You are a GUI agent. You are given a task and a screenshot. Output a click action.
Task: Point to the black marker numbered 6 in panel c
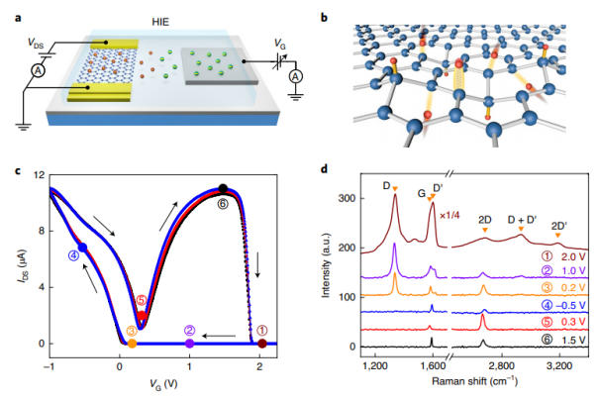[223, 189]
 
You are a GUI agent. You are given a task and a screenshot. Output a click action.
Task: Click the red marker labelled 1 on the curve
[261, 343]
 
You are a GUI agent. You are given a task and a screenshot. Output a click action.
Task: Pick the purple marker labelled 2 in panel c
[189, 343]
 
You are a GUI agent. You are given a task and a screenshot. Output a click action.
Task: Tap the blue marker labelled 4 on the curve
[83, 248]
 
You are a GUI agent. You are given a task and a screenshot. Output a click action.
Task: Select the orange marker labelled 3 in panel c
[133, 343]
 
